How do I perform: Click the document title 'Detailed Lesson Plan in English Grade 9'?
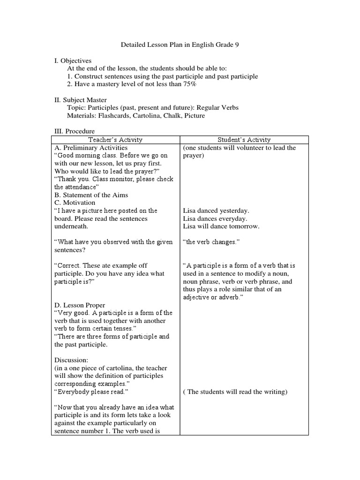pos(180,45)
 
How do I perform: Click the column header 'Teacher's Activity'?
pos(115,140)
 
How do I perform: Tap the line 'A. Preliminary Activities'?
pos(91,148)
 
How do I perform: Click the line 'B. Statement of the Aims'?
pos(91,195)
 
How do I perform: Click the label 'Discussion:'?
pos(71,360)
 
